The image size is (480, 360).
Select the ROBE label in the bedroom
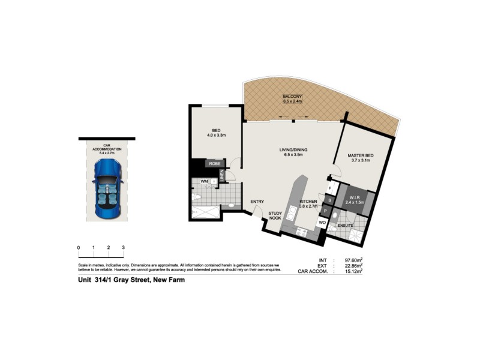[x=214, y=163]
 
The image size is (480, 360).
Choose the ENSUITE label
[x=345, y=226]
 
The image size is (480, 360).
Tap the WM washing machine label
[x=205, y=181]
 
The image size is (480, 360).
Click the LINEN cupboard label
[x=222, y=175]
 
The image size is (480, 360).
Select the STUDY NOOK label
[x=275, y=215]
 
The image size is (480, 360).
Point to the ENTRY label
[x=258, y=202]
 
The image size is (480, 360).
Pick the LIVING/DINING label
[x=293, y=150]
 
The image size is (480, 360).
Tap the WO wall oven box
[x=322, y=223]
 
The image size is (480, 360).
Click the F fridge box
[x=330, y=188]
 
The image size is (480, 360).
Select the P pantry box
[x=325, y=211]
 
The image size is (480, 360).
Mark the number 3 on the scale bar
[x=123, y=247]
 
